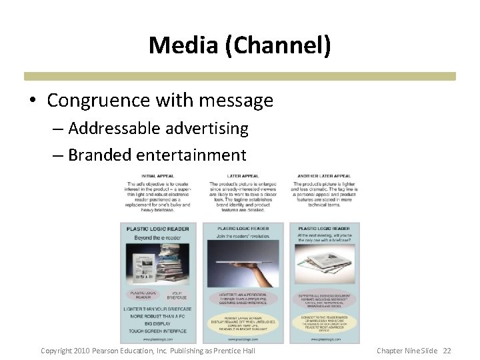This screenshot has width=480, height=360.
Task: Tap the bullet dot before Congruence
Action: (x=33, y=101)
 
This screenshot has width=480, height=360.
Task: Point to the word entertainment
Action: (x=191, y=155)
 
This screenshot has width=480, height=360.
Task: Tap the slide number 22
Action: (x=447, y=351)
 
